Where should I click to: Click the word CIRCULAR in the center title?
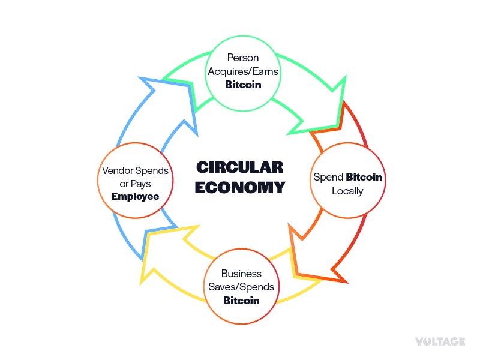[x=240, y=167]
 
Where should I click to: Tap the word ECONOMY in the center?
[x=240, y=188]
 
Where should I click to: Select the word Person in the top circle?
[x=242, y=58]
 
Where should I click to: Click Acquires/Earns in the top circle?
[x=242, y=71]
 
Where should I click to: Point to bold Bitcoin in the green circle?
[x=242, y=85]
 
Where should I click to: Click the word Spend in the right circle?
[x=329, y=178]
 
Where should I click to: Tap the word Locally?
[x=347, y=191]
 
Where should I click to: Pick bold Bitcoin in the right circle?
[x=364, y=178]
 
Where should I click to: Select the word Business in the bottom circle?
[x=241, y=274]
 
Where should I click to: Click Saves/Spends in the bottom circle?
[x=241, y=287]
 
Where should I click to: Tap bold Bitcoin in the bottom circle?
[x=241, y=300]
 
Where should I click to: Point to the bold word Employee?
[x=135, y=197]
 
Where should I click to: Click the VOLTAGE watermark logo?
[x=440, y=341]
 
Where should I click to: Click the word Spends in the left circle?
[x=153, y=171]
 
